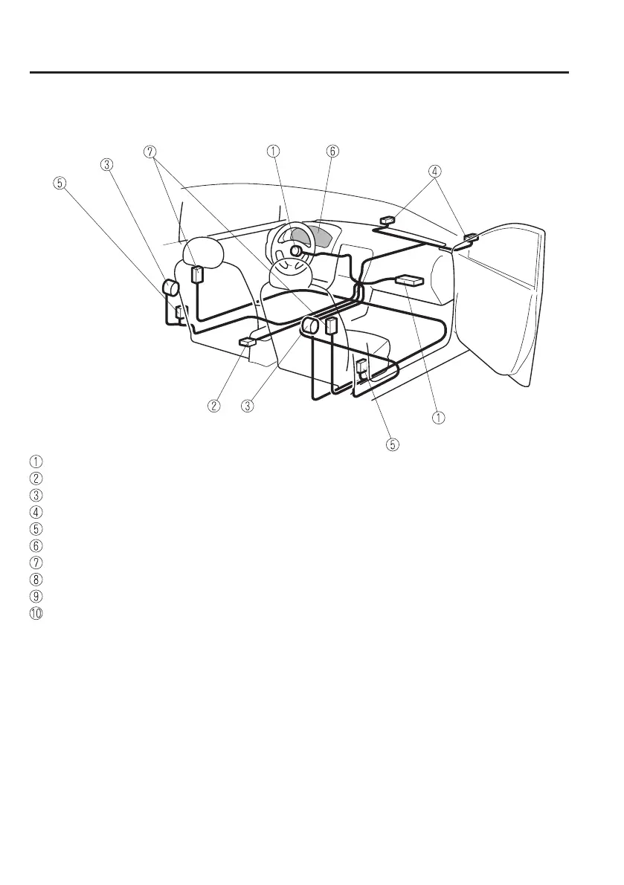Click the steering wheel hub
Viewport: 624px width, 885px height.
pyautogui.click(x=295, y=251)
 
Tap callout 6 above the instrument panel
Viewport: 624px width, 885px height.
pyautogui.click(x=332, y=151)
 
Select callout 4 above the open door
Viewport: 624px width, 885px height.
pyautogui.click(x=434, y=170)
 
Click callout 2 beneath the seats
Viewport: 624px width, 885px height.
pyautogui.click(x=214, y=406)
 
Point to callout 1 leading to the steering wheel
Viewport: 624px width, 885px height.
pyautogui.click(x=274, y=151)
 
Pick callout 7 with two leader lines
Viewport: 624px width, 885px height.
pyautogui.click(x=152, y=152)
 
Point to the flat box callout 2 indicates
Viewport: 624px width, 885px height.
pyautogui.click(x=247, y=342)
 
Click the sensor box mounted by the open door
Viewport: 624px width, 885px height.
pyautogui.click(x=470, y=238)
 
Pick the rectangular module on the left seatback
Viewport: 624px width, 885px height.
pyautogui.click(x=198, y=275)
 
